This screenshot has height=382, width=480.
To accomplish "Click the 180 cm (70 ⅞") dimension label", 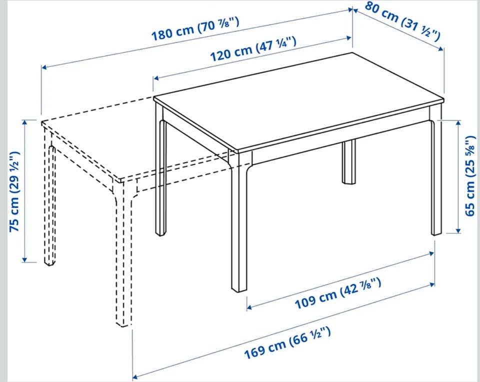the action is coord(195,29).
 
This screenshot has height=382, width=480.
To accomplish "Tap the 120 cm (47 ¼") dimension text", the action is coord(253,48).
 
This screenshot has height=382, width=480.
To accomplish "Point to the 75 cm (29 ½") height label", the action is coord(15,191).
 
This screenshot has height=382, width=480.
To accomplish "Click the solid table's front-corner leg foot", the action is coord(239,289).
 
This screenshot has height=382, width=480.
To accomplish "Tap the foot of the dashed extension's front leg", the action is coord(123,323).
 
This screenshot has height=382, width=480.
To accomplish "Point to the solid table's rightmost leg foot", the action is coord(436,233).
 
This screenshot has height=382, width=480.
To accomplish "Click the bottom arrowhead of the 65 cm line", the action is coord(458,230).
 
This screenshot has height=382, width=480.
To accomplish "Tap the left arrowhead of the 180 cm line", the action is coord(44,67).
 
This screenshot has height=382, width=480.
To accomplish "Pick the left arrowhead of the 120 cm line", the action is coord(156,78).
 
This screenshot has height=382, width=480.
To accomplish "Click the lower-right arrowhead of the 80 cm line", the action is coord(441,48).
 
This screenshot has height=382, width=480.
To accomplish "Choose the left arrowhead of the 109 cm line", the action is coord(249,307).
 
